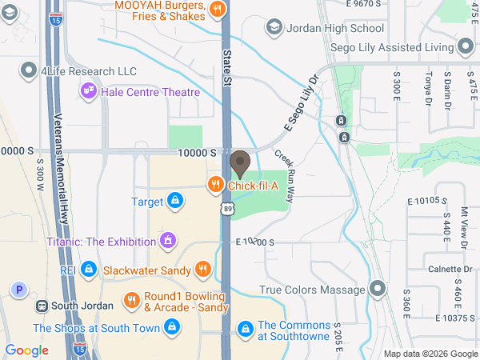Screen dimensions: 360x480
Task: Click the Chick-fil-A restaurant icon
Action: click(215, 185)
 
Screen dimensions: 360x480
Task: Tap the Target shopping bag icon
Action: click(174, 201)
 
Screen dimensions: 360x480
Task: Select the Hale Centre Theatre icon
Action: click(89, 92)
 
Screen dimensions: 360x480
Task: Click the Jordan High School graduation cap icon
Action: click(275, 28)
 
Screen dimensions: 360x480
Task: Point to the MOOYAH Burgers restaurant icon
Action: click(217, 9)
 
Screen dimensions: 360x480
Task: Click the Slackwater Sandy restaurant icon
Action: click(203, 270)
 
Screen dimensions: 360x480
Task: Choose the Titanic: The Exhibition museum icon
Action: click(167, 239)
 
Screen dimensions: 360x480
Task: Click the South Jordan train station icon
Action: click(41, 306)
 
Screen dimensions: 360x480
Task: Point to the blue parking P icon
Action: click(18, 290)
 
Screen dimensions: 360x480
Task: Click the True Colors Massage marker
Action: click(378, 289)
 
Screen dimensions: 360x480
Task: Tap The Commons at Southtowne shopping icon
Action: click(246, 328)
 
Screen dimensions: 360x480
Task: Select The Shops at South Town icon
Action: click(170, 327)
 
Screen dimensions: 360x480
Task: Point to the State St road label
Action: click(227, 68)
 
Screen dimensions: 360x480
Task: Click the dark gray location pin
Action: click(239, 165)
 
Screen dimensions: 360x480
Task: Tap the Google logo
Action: click(26, 350)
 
